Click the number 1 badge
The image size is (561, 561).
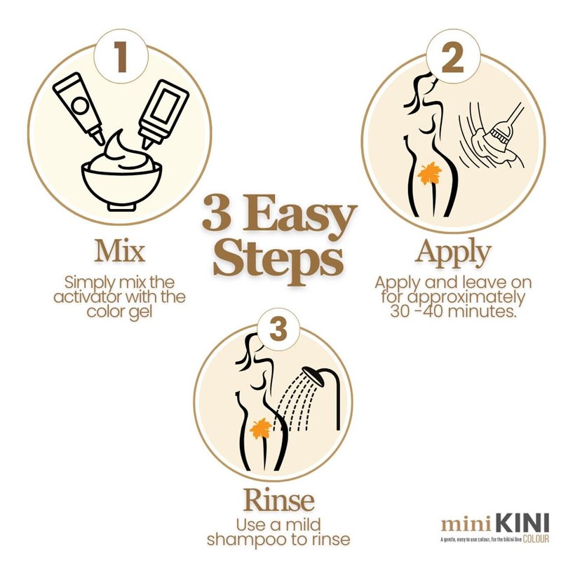(x=121, y=57)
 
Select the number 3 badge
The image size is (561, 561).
(x=278, y=329)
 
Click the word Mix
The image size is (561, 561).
(x=120, y=251)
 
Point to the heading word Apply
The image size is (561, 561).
(x=452, y=252)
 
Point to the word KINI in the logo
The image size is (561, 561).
(x=522, y=524)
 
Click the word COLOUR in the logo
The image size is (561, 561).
(x=536, y=539)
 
